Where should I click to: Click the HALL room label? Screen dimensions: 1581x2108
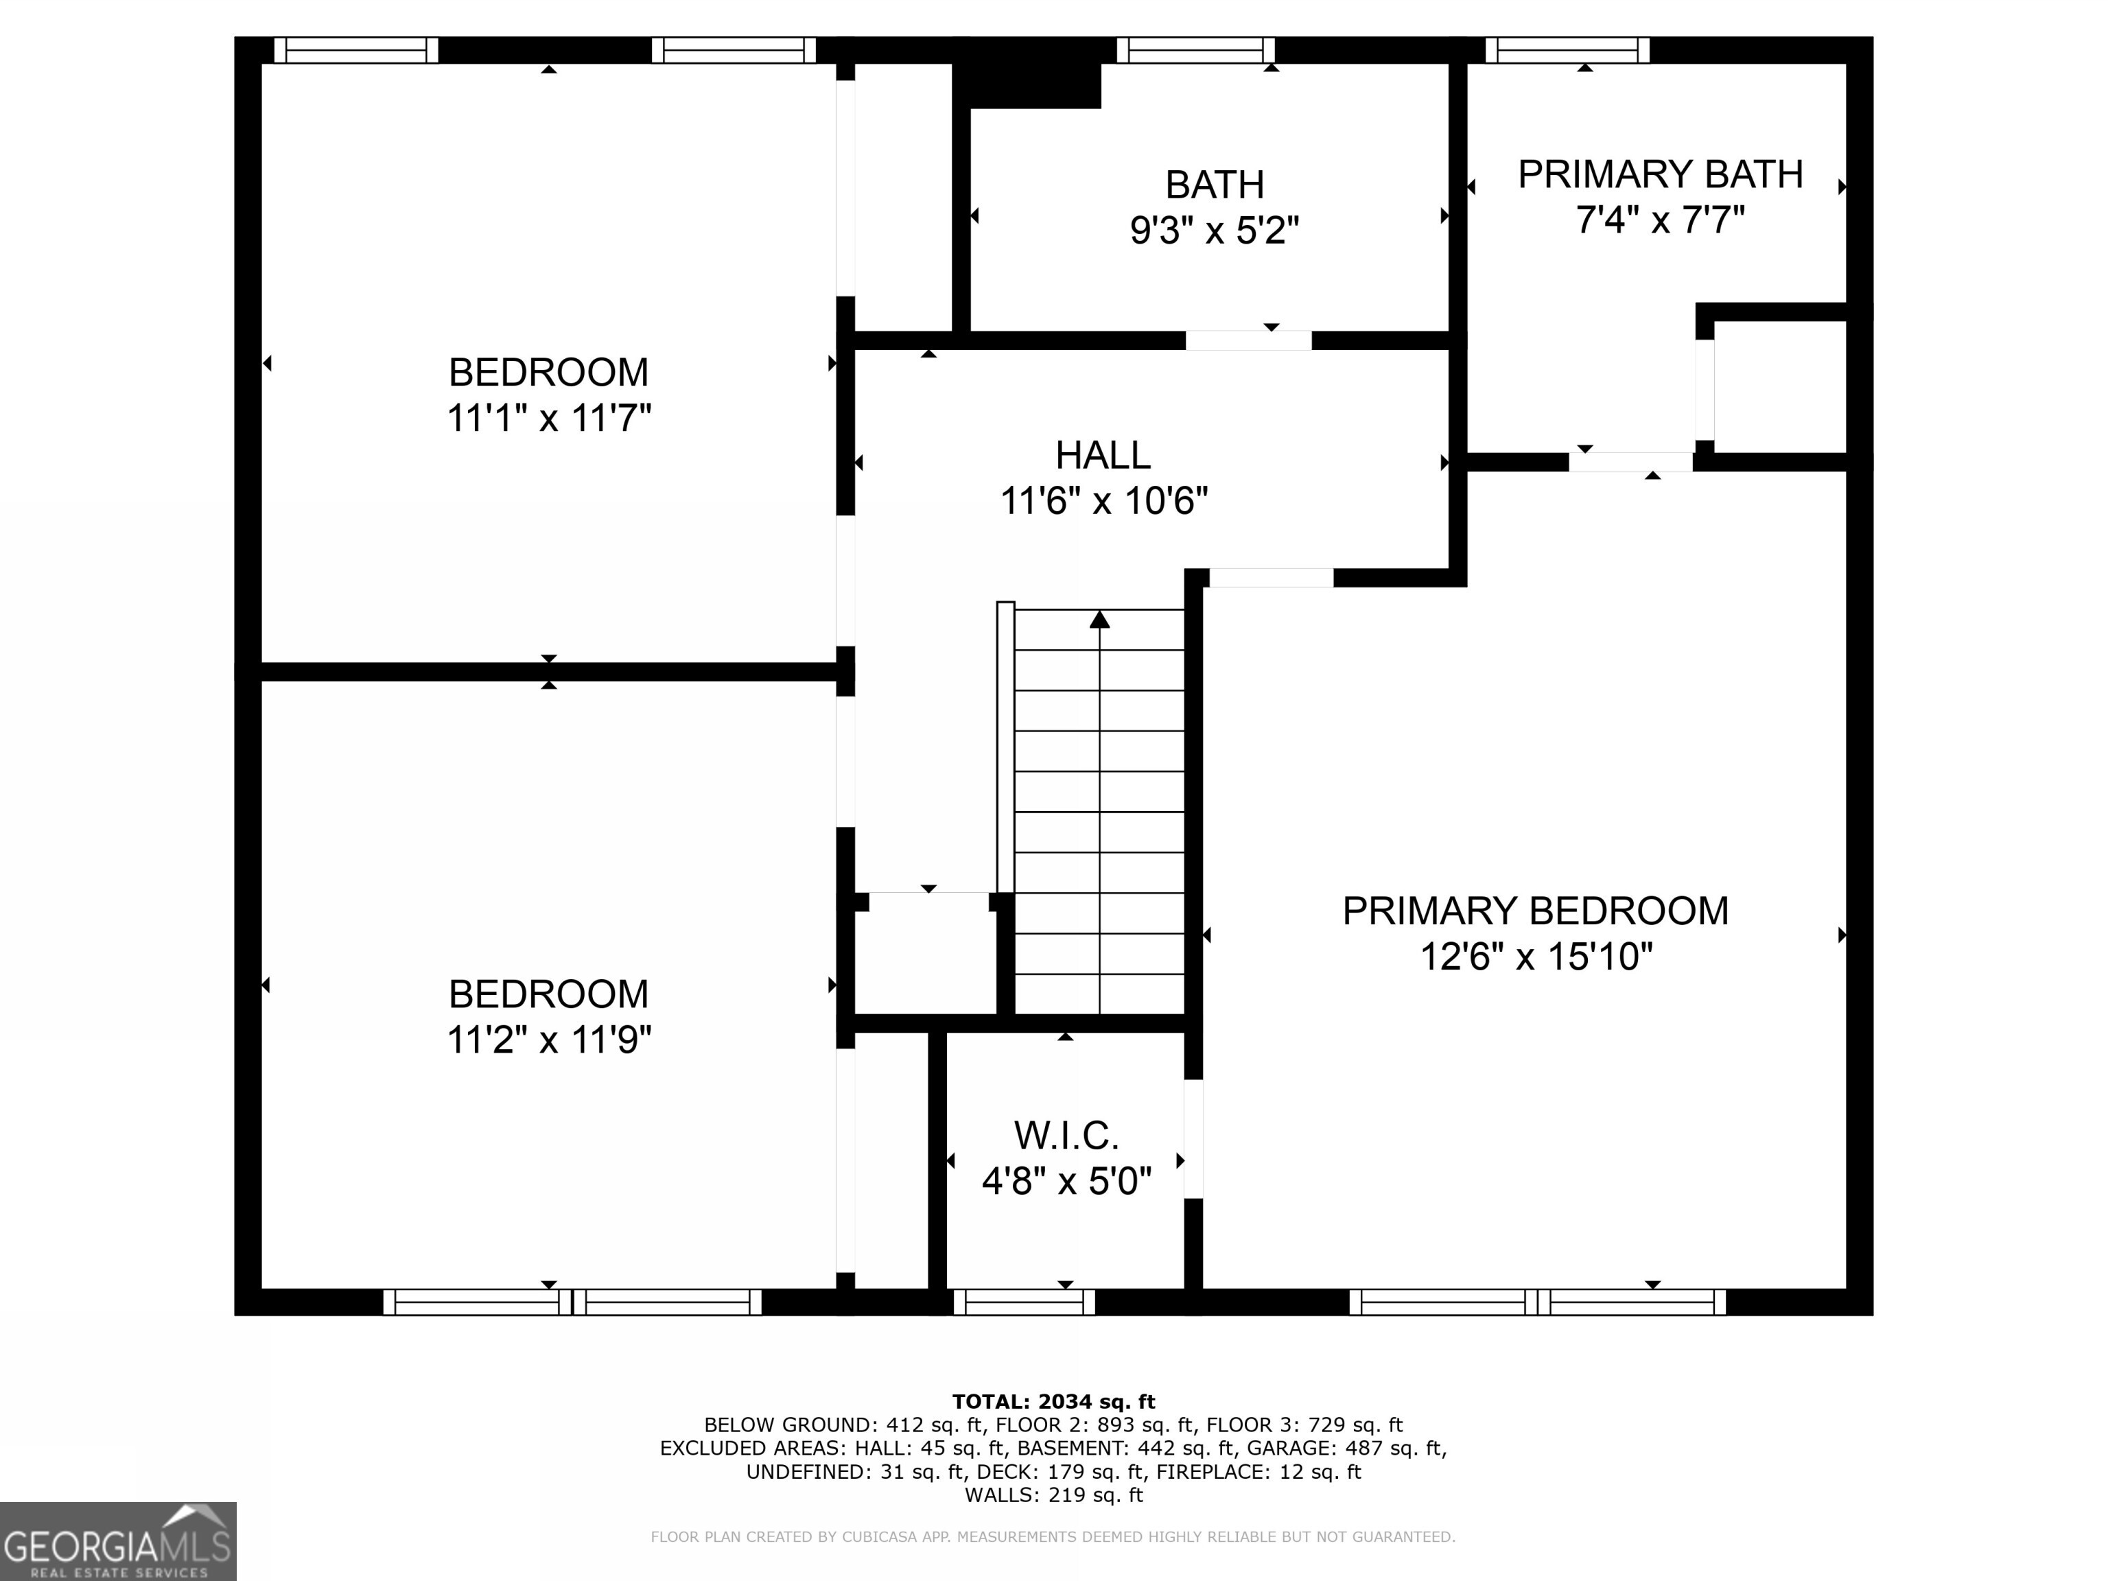[x=1103, y=456]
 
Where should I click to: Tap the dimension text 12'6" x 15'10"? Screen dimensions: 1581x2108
[x=1535, y=956]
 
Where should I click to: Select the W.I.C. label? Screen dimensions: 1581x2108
[x=1066, y=1136]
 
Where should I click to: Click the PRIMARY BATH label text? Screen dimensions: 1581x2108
[x=1660, y=174]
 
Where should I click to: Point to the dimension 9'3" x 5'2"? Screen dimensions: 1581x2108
[x=1214, y=231]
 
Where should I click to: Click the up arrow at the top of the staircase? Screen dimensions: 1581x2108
[x=1100, y=620]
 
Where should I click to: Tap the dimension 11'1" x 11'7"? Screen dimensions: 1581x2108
[x=549, y=417]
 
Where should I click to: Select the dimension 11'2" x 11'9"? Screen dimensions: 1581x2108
[x=549, y=1040]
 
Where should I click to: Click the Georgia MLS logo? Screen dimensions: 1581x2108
[x=117, y=1541]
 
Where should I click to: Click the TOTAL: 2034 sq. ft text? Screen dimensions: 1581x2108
[x=1053, y=1401]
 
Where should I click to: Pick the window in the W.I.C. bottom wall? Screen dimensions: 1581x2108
[x=1024, y=1302]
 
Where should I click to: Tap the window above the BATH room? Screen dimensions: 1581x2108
[x=1195, y=49]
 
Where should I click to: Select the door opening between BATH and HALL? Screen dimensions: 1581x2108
[x=1248, y=340]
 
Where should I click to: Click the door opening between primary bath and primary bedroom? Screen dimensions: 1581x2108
[x=1630, y=462]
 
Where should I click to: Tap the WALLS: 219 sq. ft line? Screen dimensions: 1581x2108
[x=1053, y=1495]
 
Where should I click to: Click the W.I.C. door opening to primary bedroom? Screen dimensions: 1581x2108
[x=1193, y=1139]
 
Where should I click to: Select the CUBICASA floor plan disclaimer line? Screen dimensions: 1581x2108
[x=1053, y=1536]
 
